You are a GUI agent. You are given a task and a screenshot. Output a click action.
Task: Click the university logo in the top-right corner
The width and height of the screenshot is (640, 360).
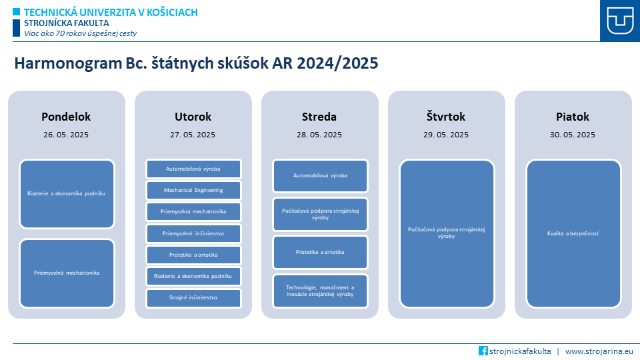point(620,21)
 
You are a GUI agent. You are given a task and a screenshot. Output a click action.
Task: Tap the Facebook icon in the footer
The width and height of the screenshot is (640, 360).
point(483,351)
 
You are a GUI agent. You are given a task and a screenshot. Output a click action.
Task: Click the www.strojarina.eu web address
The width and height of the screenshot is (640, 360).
point(599,351)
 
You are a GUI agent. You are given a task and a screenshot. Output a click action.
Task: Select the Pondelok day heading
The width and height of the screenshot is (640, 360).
point(66,117)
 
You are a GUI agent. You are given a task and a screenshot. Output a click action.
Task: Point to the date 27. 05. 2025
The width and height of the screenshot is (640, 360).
point(193,135)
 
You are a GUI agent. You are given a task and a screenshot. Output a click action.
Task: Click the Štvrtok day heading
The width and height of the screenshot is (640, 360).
point(446,117)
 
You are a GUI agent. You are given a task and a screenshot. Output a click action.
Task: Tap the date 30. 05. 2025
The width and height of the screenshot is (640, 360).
point(573,135)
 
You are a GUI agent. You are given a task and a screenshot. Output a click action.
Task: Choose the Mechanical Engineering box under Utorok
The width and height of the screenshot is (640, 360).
point(193,190)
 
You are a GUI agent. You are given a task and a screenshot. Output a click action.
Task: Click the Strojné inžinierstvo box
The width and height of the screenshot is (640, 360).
point(193,297)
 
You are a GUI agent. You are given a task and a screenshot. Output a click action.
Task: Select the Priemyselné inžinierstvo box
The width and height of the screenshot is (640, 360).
point(193,233)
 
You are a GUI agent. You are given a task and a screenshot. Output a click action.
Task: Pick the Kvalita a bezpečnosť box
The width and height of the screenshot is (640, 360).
point(573,233)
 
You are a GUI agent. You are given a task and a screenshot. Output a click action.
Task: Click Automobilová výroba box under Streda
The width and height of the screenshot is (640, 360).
point(321,175)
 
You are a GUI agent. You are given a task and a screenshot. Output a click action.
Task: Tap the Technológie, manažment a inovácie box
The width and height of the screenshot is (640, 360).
point(321,291)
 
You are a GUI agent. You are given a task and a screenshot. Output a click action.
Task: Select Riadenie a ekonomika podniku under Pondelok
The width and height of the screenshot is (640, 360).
point(67,193)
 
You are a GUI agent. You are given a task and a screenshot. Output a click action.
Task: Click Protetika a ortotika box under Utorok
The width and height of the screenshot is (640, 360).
point(193,255)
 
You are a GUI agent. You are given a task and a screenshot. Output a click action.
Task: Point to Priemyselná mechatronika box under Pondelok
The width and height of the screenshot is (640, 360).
point(67,273)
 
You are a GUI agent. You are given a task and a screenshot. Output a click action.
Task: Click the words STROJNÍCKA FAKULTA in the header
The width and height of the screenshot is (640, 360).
point(67,23)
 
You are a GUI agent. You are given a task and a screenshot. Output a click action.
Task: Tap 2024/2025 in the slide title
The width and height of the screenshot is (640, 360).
point(337,63)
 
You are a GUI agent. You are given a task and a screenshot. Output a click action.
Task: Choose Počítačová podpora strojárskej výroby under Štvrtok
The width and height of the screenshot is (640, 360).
point(447,233)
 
